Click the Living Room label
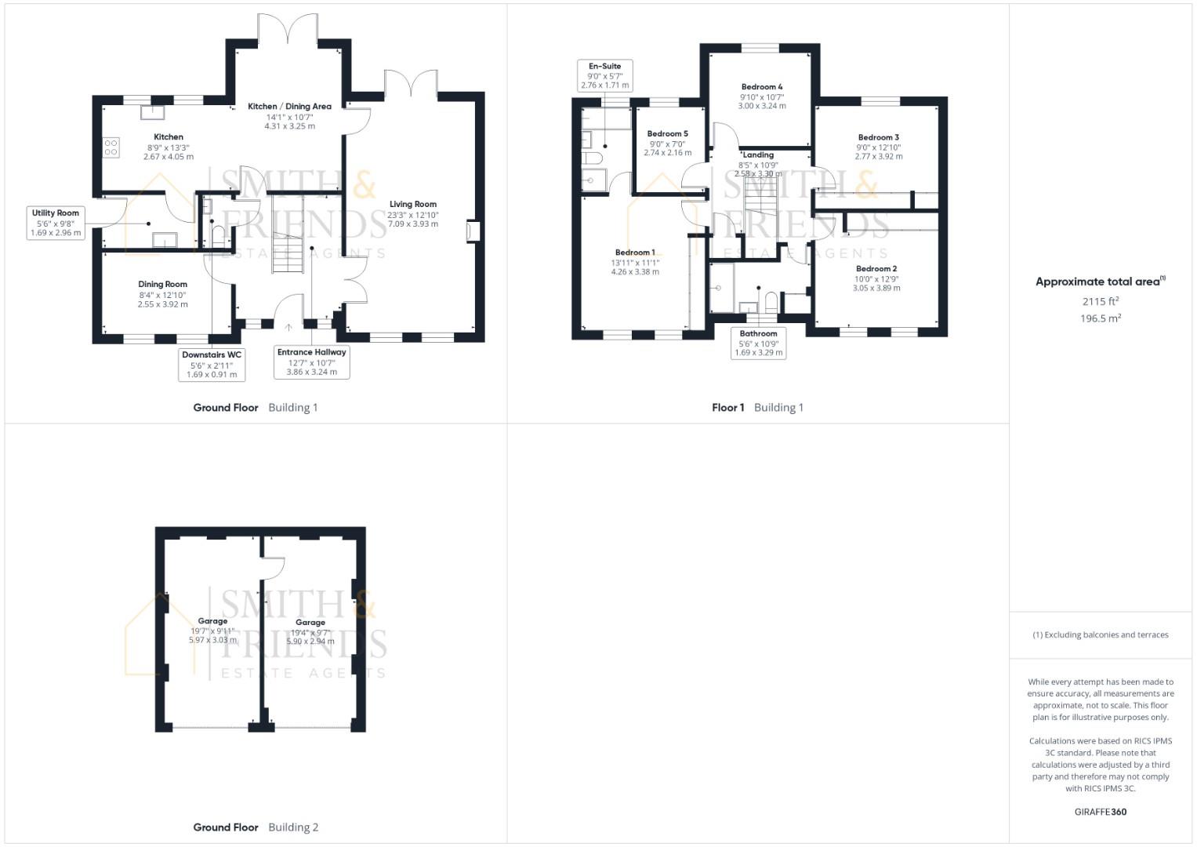tap(412, 204)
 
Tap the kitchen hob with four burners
tap(111, 147)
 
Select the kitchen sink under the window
tap(153, 111)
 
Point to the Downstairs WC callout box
tap(212, 364)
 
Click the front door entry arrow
tap(288, 327)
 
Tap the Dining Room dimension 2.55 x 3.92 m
tap(162, 304)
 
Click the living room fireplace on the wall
tap(473, 231)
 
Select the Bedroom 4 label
tap(762, 86)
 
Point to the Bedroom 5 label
tap(667, 133)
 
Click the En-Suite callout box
tap(605, 75)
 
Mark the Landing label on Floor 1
tap(758, 154)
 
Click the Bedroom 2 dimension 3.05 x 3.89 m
tap(876, 289)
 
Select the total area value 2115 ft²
tap(1101, 302)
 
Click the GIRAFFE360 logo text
tap(1101, 812)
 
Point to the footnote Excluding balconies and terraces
tap(1101, 634)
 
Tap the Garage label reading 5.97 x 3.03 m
tap(212, 640)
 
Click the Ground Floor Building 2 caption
tap(256, 827)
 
